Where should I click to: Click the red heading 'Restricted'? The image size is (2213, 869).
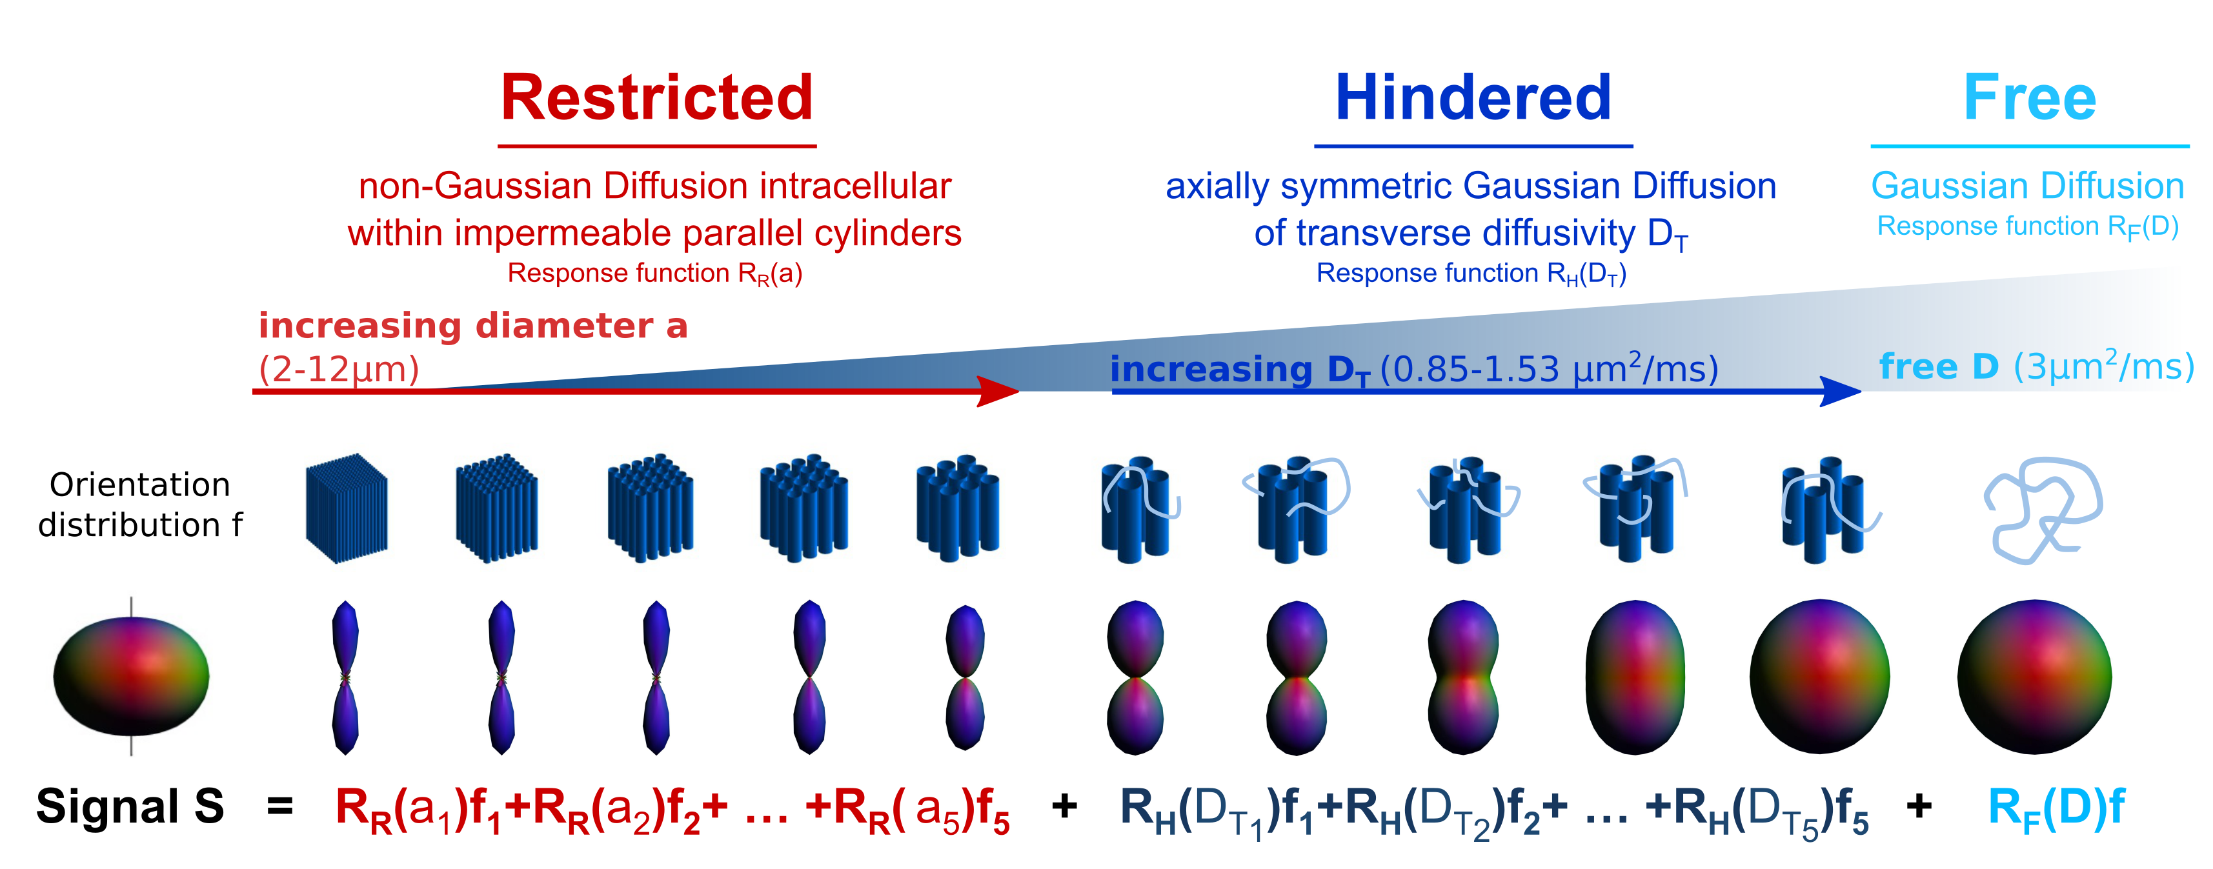(x=657, y=98)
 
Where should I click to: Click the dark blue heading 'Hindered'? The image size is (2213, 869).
(x=1473, y=98)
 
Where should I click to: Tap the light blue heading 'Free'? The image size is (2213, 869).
(x=2030, y=98)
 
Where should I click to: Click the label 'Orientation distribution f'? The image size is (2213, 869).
(x=140, y=505)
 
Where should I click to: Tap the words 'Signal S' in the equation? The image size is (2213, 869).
(x=130, y=807)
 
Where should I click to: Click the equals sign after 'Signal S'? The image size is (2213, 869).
(x=280, y=807)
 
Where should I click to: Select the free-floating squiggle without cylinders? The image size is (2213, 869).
(x=2042, y=510)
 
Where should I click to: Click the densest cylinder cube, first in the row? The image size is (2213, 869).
(x=346, y=508)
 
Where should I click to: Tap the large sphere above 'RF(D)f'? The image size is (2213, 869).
(x=2034, y=677)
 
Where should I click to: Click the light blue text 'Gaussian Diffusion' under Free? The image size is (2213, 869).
(x=2027, y=186)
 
